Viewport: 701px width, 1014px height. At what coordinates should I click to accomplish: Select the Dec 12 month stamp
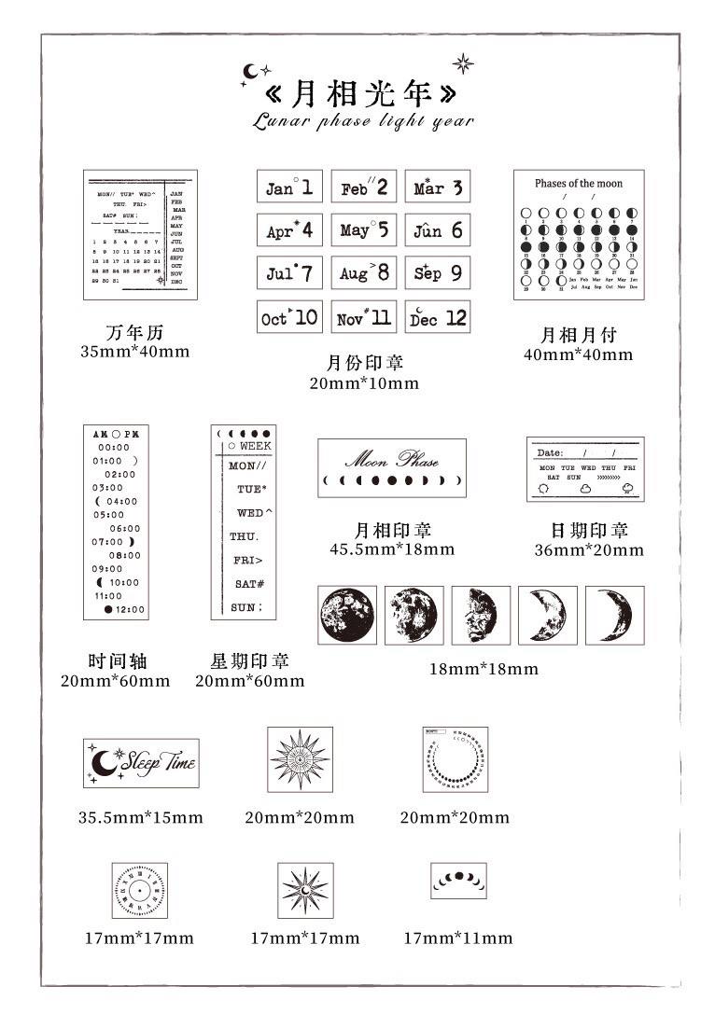pyautogui.click(x=438, y=317)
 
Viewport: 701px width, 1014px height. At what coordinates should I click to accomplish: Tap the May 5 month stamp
pyautogui.click(x=363, y=229)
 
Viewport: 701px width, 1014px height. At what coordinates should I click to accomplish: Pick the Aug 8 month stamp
pyautogui.click(x=363, y=273)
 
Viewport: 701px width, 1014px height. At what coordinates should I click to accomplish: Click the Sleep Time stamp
pyautogui.click(x=141, y=762)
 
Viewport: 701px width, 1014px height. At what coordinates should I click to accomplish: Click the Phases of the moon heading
pyautogui.click(x=579, y=183)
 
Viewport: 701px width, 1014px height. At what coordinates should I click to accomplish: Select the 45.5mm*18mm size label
pyautogui.click(x=392, y=549)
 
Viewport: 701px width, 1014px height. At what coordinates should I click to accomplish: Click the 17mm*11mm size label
pyautogui.click(x=457, y=938)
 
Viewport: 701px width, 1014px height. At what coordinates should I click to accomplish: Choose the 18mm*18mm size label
pyautogui.click(x=484, y=669)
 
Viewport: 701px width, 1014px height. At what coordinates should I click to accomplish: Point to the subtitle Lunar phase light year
pyautogui.click(x=363, y=121)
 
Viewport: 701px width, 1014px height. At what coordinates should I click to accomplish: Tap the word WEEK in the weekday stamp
pyautogui.click(x=249, y=446)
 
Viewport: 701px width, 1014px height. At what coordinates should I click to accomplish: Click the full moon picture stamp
pyautogui.click(x=347, y=615)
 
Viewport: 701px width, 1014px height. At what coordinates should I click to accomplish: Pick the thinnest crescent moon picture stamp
pyautogui.click(x=615, y=615)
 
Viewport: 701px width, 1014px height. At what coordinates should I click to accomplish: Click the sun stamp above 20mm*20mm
pyautogui.click(x=300, y=758)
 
